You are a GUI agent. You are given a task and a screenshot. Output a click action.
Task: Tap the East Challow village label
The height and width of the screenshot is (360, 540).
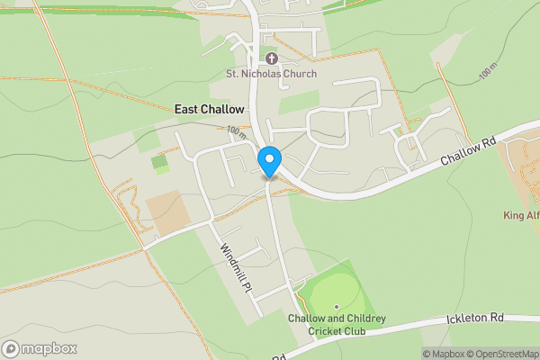[x=209, y=109]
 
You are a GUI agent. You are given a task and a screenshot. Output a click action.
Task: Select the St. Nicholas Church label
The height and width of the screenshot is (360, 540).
[x=271, y=74]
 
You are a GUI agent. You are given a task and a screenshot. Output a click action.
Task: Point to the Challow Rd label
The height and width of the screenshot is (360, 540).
[x=469, y=151]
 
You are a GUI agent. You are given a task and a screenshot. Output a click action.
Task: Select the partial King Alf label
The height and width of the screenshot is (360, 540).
[x=521, y=216]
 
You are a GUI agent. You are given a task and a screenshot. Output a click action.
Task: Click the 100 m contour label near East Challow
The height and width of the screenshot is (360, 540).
[x=237, y=131]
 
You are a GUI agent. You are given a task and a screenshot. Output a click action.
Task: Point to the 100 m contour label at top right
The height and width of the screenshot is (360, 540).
[x=488, y=72]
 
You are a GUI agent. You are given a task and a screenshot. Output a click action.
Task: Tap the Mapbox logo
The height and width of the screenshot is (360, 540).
[x=40, y=348]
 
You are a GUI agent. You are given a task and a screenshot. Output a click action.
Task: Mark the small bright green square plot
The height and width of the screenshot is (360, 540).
[x=159, y=163]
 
